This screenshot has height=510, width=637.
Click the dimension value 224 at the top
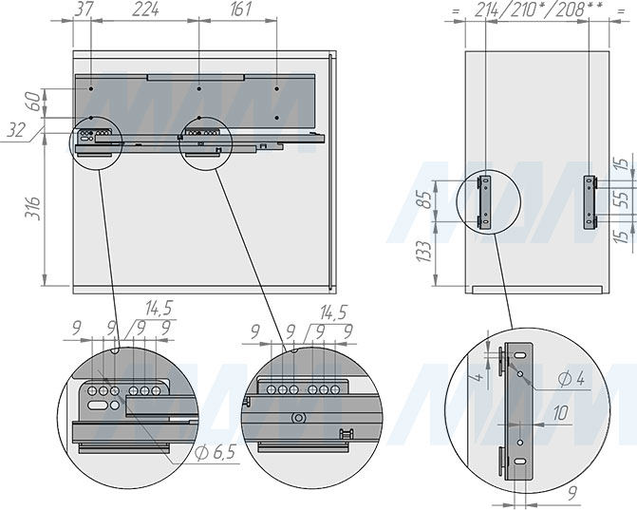click(x=145, y=9)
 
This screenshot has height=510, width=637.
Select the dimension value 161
click(x=240, y=9)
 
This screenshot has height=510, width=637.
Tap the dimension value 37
click(x=84, y=9)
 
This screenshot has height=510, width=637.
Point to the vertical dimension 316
click(x=33, y=208)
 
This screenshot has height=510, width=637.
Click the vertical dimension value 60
click(x=33, y=102)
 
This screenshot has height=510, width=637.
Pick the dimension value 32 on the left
click(x=16, y=130)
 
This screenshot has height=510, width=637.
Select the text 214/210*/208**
click(x=538, y=9)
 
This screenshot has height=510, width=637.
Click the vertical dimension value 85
click(x=425, y=199)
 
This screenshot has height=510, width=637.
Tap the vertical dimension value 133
click(x=424, y=251)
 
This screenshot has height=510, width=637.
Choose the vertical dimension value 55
click(x=622, y=199)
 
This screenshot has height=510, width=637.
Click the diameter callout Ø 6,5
click(x=215, y=452)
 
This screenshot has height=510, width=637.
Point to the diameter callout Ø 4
click(x=571, y=379)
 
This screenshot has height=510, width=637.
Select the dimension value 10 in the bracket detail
click(x=561, y=413)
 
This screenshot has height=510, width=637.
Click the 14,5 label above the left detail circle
click(x=159, y=309)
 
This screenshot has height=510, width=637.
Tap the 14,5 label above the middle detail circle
click(x=333, y=312)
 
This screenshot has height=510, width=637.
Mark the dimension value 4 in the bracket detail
click(x=479, y=377)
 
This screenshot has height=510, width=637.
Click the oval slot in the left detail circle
click(x=97, y=406)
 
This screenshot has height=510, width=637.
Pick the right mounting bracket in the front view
click(x=590, y=202)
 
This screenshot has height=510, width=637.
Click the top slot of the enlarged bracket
click(x=520, y=355)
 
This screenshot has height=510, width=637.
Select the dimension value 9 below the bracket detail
click(x=572, y=494)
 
